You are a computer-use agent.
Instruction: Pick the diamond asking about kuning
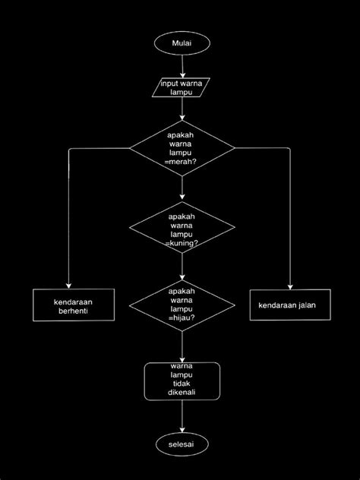tap(182, 229)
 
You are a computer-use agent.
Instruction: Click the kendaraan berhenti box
tap(73, 306)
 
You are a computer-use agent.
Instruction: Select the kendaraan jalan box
tap(292, 305)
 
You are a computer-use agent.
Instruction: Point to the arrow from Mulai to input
tap(182, 66)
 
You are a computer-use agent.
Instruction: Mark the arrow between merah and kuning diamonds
tap(182, 188)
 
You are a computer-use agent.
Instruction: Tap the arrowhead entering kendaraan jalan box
tap(291, 286)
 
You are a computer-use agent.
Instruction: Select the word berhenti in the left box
tap(73, 311)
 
